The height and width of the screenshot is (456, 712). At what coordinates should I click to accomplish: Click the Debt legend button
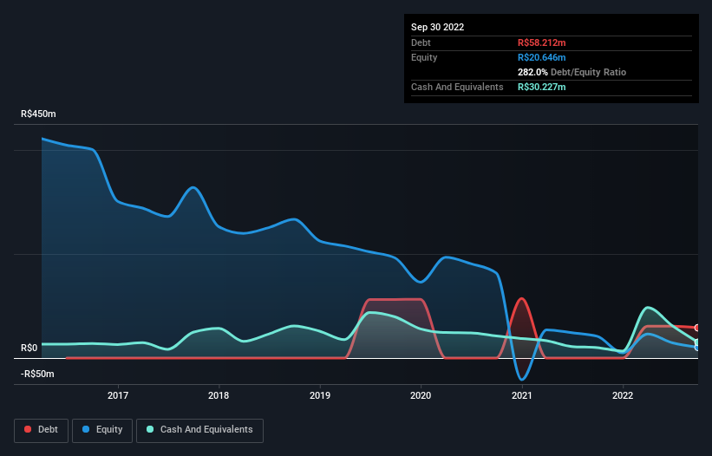coord(42,429)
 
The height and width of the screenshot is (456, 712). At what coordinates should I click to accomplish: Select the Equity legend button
coord(102,429)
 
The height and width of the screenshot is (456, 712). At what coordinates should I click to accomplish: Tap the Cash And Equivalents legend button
coord(199,429)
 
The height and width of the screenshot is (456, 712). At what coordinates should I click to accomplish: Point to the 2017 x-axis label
coord(118,395)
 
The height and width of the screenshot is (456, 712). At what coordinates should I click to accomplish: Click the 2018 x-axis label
coord(219,395)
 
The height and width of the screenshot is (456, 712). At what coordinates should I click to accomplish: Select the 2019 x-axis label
coord(320,395)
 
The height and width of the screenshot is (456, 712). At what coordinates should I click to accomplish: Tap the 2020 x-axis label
coord(421,395)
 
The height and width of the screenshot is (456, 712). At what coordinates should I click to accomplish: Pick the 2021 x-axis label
coord(522,395)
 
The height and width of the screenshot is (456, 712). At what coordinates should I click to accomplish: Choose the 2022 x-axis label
coord(623,395)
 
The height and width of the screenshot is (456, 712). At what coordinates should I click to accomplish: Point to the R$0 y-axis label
coord(29,349)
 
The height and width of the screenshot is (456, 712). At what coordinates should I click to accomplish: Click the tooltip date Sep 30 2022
coord(437,27)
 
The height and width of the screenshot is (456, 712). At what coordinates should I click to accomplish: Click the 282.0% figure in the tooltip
coord(532,72)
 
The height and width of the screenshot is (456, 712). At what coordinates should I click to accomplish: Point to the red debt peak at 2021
coord(521,299)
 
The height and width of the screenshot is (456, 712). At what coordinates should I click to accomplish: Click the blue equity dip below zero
coord(521,379)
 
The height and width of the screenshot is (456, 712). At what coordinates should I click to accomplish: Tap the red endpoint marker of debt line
coord(696,328)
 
